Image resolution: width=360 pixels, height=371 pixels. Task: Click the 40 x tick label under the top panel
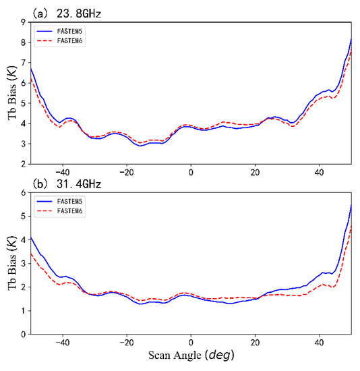pyautogui.click(x=319, y=173)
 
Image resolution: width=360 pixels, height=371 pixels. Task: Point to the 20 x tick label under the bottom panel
pyautogui.click(x=255, y=343)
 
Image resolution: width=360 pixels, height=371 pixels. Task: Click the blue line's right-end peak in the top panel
pyautogui.click(x=351, y=39)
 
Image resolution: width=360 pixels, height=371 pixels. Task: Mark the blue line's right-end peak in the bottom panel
pyautogui.click(x=351, y=206)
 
